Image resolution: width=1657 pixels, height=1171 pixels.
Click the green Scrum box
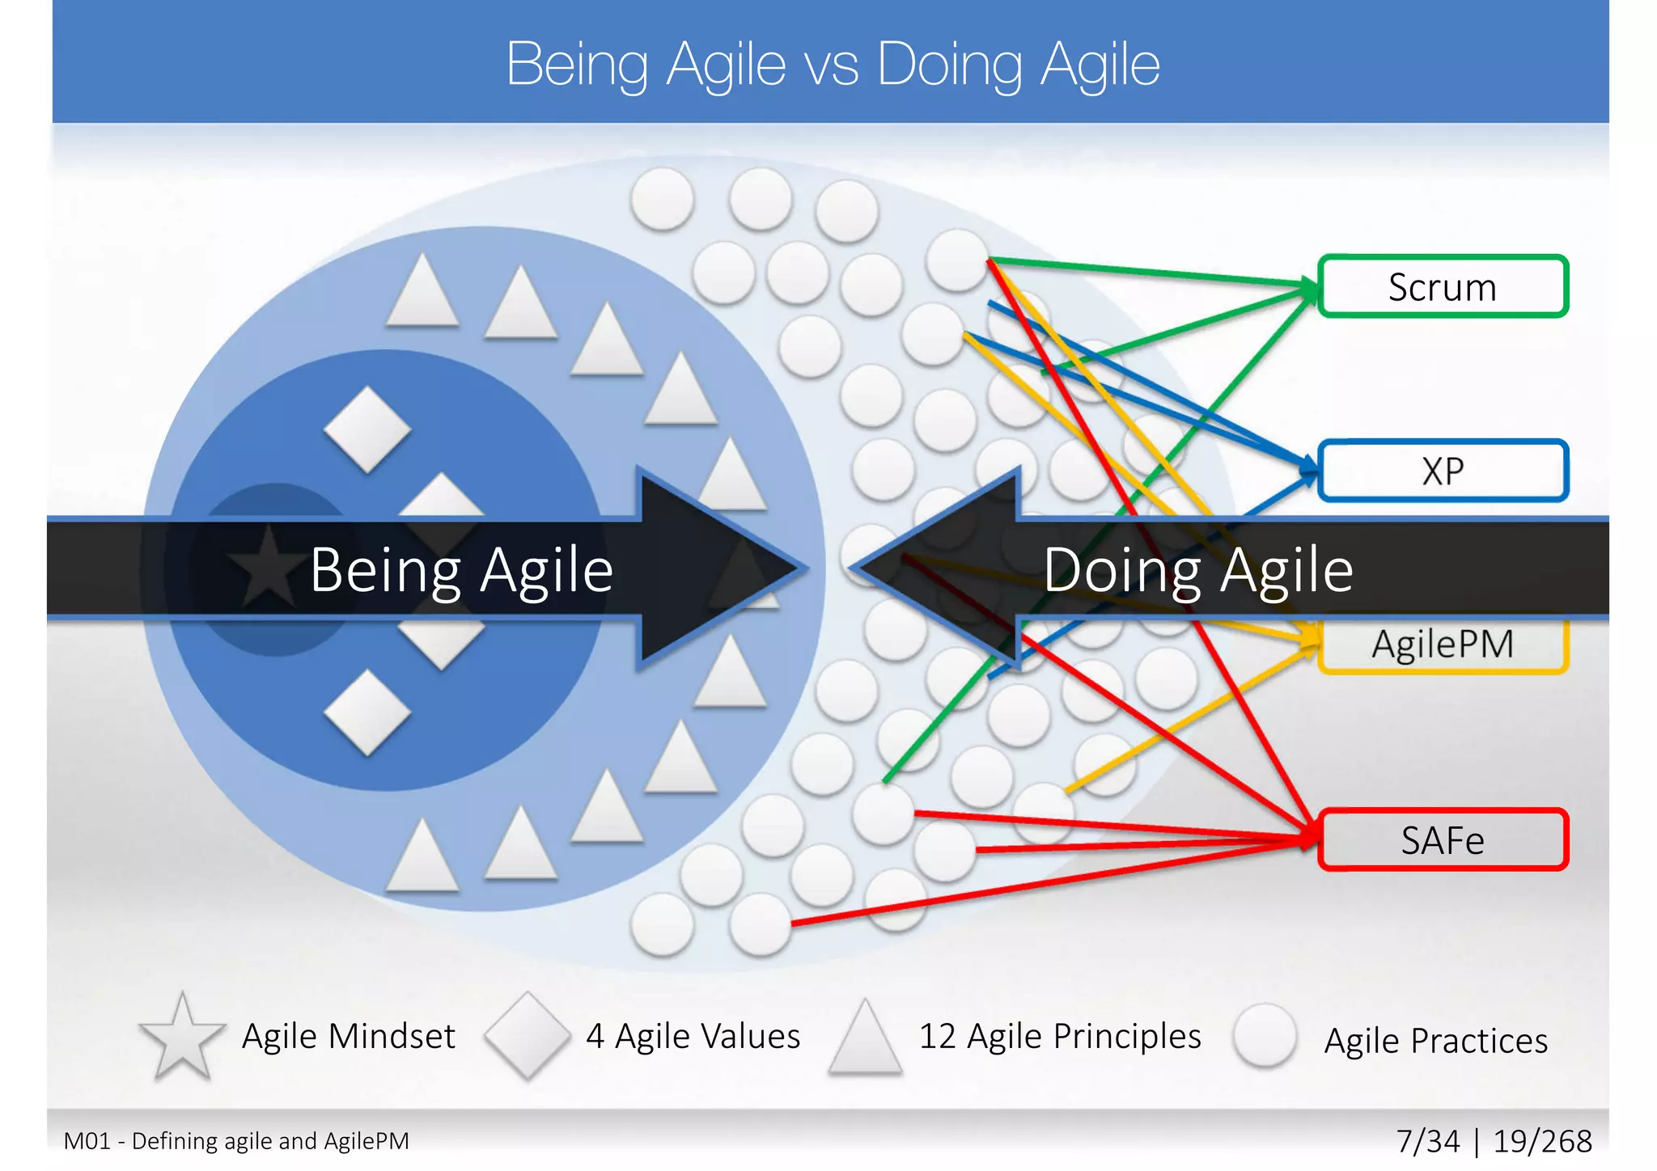tap(1443, 287)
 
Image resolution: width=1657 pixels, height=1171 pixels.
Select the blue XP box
tap(1443, 471)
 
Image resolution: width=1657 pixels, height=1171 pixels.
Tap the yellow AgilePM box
tap(1443, 645)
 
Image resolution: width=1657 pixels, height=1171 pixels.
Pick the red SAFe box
tap(1443, 840)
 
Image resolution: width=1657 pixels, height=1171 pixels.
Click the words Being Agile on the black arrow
tap(461, 570)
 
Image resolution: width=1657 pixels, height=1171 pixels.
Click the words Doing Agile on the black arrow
tap(1197, 570)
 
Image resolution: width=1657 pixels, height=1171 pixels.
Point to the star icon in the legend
tap(182, 1038)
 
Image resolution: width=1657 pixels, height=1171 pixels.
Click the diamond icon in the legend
tap(528, 1036)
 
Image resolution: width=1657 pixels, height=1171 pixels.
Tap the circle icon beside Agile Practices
tap(1265, 1036)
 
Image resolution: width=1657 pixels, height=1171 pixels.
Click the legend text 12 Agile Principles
tap(1060, 1036)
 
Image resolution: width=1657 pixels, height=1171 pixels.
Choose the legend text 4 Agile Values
tap(693, 1036)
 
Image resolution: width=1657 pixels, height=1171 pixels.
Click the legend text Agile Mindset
tap(349, 1036)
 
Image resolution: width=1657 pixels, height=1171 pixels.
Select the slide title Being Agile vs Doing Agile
tap(833, 64)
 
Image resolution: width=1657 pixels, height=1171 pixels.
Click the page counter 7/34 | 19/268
tap(1494, 1141)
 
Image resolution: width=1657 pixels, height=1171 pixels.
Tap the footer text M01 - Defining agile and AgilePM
tap(236, 1141)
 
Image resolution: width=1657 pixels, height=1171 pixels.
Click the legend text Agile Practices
tap(1435, 1041)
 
